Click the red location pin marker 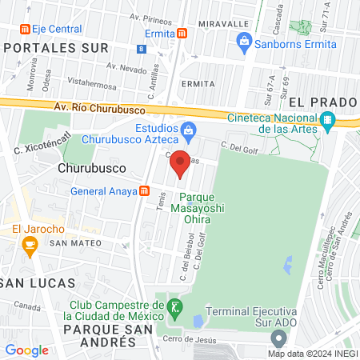(181, 163)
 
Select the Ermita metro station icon (183, 34)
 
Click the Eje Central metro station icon (24, 29)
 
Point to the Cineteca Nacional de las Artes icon (327, 122)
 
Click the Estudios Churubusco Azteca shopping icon (187, 130)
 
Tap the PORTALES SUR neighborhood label (56, 48)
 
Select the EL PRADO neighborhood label (319, 102)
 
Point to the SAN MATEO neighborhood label (74, 242)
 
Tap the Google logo (26, 350)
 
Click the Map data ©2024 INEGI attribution (312, 353)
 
